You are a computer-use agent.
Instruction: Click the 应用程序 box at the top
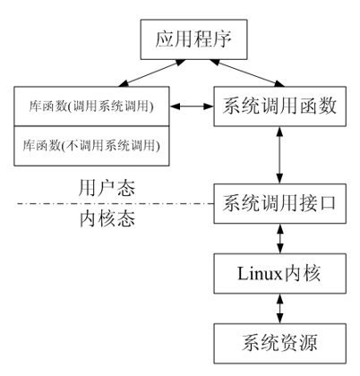point(194,39)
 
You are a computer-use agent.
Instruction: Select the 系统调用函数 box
point(280,107)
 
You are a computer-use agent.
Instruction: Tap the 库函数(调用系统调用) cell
point(91,107)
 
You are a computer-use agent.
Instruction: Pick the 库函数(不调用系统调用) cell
point(91,146)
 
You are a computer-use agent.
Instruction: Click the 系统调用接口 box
point(280,203)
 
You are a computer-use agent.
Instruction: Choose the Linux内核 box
point(280,273)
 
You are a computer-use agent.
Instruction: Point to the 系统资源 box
point(280,343)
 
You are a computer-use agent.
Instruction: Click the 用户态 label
point(107,188)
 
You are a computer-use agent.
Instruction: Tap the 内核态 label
point(107,218)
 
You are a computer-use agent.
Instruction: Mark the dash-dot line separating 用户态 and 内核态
point(116,204)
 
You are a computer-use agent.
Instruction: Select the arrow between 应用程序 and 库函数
point(152,73)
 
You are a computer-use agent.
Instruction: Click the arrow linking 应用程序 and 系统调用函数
point(247,73)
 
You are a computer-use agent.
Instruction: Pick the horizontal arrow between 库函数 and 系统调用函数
point(192,107)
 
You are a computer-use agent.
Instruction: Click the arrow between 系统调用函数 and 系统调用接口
point(279,155)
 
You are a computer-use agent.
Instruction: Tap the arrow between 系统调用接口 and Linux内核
point(279,238)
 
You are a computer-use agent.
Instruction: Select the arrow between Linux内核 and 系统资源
point(279,309)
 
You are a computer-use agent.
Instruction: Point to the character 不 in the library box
point(72,146)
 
